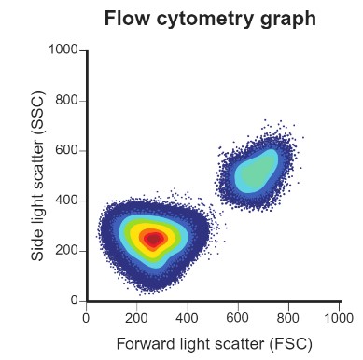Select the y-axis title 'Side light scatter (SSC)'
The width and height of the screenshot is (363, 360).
click(x=38, y=176)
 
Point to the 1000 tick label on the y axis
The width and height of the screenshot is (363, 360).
click(x=63, y=50)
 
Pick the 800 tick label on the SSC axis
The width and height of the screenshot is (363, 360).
click(x=66, y=101)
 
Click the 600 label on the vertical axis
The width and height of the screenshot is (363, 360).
click(x=66, y=151)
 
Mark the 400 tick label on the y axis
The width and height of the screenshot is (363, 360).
click(x=66, y=201)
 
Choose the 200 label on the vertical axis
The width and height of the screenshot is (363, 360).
click(x=66, y=251)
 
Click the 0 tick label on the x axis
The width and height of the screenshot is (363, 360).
click(x=87, y=316)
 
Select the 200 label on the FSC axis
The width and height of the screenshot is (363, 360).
click(x=137, y=316)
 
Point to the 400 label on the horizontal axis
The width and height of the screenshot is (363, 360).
click(x=188, y=316)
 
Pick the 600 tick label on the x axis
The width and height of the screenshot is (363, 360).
click(x=238, y=316)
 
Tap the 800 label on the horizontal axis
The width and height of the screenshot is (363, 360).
click(x=288, y=316)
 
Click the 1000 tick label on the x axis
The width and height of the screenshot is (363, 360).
click(x=338, y=316)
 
